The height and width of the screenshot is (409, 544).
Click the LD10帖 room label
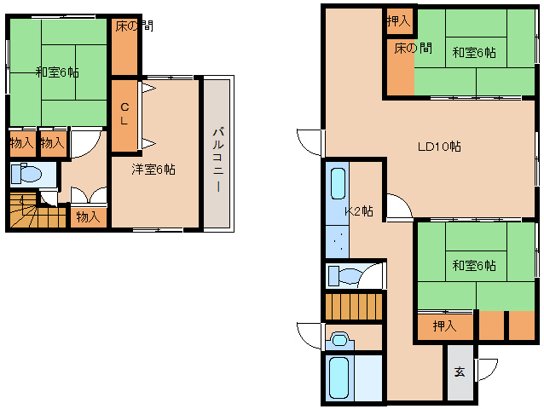pyautogui.click(x=439, y=147)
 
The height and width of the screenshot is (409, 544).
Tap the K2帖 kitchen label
pyautogui.click(x=359, y=210)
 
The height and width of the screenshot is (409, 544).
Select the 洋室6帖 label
pyautogui.click(x=153, y=170)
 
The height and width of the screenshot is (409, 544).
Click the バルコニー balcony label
pyautogui.click(x=218, y=159)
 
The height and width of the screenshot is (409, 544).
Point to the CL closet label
pyautogui.click(x=124, y=114)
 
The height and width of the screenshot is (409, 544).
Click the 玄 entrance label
pyautogui.click(x=460, y=372)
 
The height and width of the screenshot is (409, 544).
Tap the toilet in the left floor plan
pyautogui.click(x=26, y=174)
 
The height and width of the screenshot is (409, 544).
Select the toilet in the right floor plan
pyautogui.click(x=344, y=276)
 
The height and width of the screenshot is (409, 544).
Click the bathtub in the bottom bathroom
pyautogui.click(x=339, y=377)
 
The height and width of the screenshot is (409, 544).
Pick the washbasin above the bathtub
pyautogui.click(x=339, y=340)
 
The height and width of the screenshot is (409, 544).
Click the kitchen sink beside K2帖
pyautogui.click(x=338, y=184)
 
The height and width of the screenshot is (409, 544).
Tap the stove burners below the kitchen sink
pyautogui.click(x=338, y=241)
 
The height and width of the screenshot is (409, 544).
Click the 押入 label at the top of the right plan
pyautogui.click(x=399, y=21)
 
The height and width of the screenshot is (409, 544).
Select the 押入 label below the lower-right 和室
pyautogui.click(x=444, y=325)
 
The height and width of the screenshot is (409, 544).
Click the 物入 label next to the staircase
pyautogui.click(x=88, y=217)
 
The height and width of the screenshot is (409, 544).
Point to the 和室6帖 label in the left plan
pyautogui.click(x=58, y=72)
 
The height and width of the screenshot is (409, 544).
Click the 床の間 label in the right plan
pyautogui.click(x=414, y=48)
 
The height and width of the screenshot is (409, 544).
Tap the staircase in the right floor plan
pyautogui.click(x=354, y=307)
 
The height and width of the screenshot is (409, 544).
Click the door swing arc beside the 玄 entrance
pyautogui.click(x=488, y=370)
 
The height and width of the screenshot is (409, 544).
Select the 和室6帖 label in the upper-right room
pyautogui.click(x=474, y=53)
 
